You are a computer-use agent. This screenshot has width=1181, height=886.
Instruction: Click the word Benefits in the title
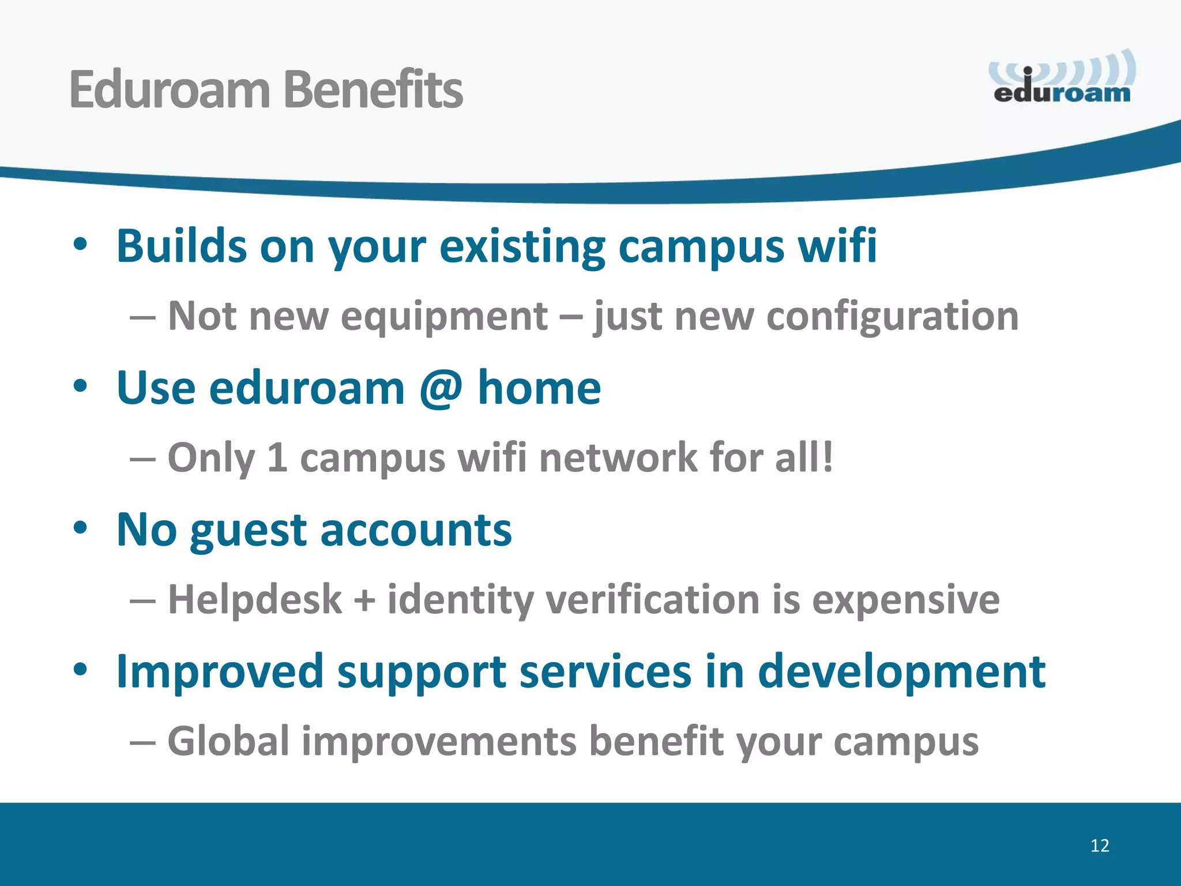tap(373, 89)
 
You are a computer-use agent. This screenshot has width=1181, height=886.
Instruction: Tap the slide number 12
tap(1100, 846)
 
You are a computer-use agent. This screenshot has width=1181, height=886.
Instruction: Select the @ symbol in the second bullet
tap(441, 388)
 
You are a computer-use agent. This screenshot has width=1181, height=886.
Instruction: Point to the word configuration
tap(892, 317)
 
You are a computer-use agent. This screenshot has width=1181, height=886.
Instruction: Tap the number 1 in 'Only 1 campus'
tap(277, 457)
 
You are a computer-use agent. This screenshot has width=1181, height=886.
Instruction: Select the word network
tap(618, 457)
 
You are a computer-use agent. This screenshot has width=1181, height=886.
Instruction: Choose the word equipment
tap(444, 317)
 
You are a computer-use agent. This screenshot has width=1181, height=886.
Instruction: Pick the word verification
tap(652, 599)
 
